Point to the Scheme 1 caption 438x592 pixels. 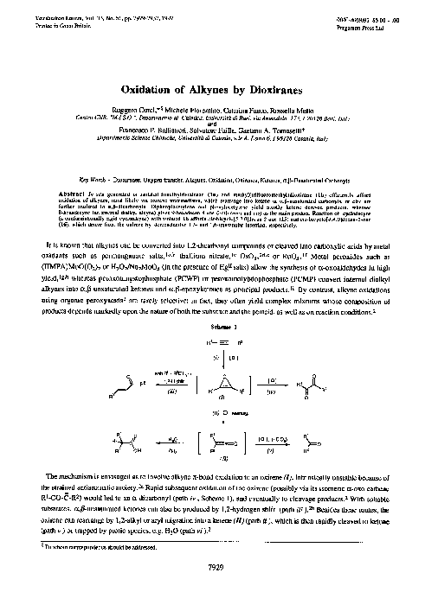[x=218, y=303]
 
